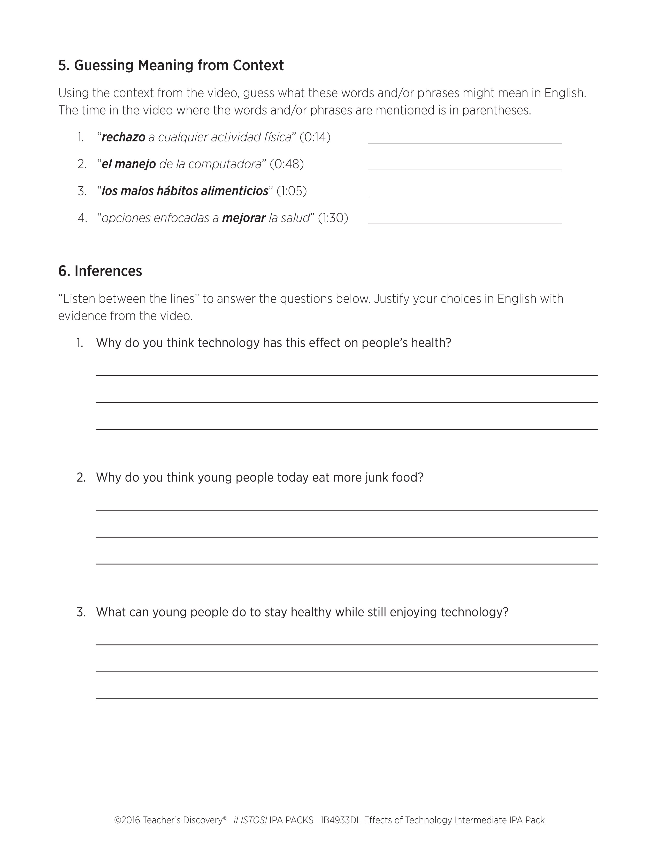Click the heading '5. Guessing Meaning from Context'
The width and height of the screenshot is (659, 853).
point(171,65)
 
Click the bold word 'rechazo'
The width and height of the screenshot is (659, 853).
point(123,138)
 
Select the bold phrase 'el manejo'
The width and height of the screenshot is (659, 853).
point(129,164)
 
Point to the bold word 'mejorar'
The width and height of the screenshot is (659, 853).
point(244,218)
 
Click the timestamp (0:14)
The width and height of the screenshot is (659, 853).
point(315,138)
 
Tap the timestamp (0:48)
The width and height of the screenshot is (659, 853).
point(287,164)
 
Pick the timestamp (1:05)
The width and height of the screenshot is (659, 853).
point(292,191)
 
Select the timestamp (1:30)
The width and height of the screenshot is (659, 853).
point(333,218)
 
